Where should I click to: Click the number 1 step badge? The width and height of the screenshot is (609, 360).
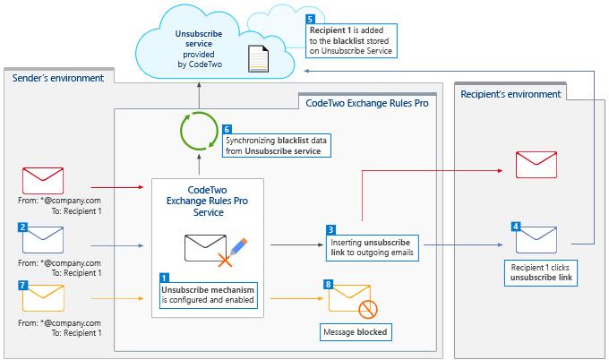tap(164, 278)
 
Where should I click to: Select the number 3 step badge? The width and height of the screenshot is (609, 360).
tap(331, 229)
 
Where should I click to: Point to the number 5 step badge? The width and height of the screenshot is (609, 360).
tap(310, 19)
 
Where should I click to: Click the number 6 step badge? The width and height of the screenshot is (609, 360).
tap(227, 130)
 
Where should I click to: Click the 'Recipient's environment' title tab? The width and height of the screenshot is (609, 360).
tap(510, 94)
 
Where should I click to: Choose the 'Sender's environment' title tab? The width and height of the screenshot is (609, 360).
tap(58, 78)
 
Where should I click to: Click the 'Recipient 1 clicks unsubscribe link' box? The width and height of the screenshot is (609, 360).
tap(537, 273)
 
